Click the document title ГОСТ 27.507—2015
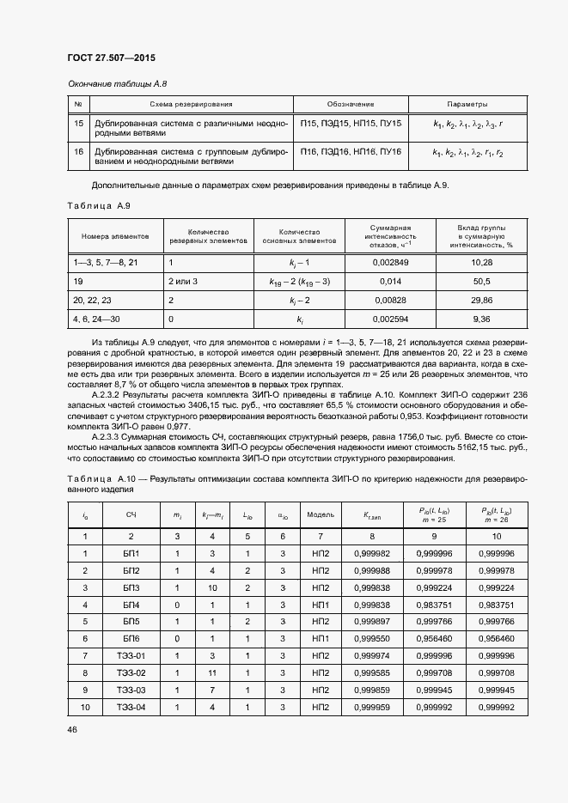[111, 58]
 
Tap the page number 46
[72, 730]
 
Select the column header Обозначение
[350, 104]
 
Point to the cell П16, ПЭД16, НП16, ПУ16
[351, 151]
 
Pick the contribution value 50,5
[481, 281]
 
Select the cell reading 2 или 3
[184, 281]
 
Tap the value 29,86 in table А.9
[481, 300]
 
